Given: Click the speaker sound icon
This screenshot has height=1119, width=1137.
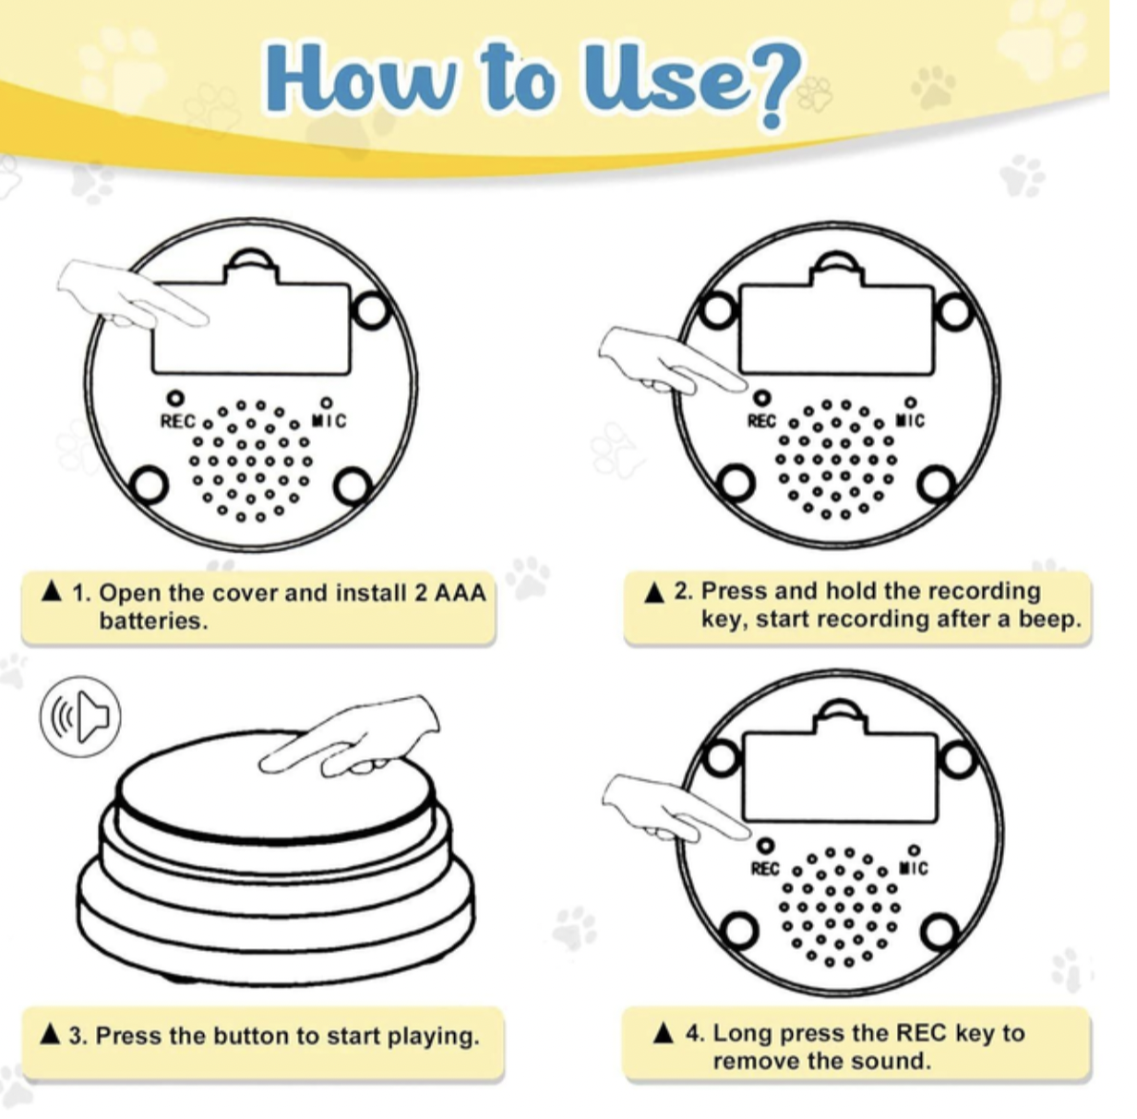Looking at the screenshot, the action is click(x=81, y=716).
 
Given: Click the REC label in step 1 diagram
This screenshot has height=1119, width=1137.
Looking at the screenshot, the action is click(x=177, y=422).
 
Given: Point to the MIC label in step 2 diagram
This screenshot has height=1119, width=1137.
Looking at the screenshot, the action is click(x=912, y=421).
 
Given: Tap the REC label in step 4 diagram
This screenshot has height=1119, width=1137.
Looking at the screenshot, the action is click(x=765, y=869).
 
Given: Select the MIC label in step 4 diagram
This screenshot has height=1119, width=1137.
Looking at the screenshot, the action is click(x=915, y=869).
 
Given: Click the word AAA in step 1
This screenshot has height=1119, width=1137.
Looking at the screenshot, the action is click(x=461, y=593).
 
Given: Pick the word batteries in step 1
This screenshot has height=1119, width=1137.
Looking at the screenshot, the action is click(x=153, y=621).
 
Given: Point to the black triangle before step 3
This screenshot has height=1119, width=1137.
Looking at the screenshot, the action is click(x=51, y=1035).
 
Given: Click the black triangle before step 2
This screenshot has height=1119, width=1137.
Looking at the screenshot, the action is click(x=654, y=593).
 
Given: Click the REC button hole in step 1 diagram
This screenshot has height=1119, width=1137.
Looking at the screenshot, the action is click(x=175, y=399).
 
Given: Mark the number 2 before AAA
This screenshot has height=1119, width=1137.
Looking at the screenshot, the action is click(x=420, y=593).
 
